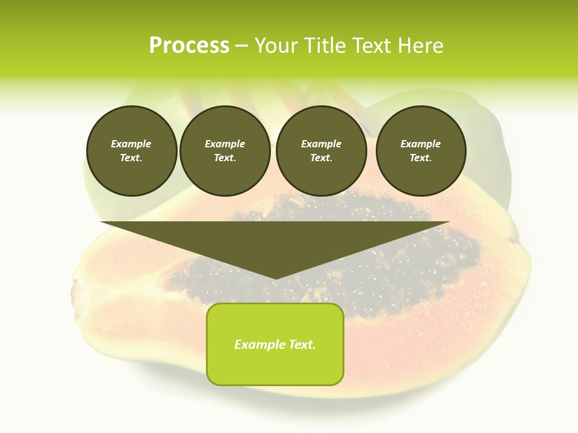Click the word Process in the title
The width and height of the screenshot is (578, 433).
coord(189,46)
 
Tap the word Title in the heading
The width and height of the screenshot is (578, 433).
coord(326,46)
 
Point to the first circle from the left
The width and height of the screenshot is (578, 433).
coord(131,151)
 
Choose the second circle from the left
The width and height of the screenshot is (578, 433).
coord(225,151)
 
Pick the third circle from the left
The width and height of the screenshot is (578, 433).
coord(321,151)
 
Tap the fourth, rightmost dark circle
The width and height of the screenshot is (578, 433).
coord(421,151)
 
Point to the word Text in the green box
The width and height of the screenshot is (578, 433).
coord(302,345)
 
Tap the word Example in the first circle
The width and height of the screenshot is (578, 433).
coord(131,144)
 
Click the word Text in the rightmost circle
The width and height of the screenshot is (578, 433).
coord(420,158)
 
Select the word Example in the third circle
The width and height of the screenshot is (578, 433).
coord(321,144)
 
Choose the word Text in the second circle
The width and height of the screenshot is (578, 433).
coord(224,158)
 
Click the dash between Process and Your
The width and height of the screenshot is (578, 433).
coord(241,46)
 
